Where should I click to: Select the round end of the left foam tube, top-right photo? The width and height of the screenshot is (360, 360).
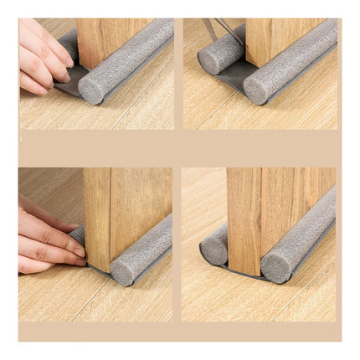pyautogui.click(x=208, y=63)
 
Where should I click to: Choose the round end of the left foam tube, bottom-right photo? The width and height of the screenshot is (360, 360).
pyautogui.click(x=210, y=244)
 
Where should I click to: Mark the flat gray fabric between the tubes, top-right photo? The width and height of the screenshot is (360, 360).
pyautogui.click(x=230, y=80)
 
